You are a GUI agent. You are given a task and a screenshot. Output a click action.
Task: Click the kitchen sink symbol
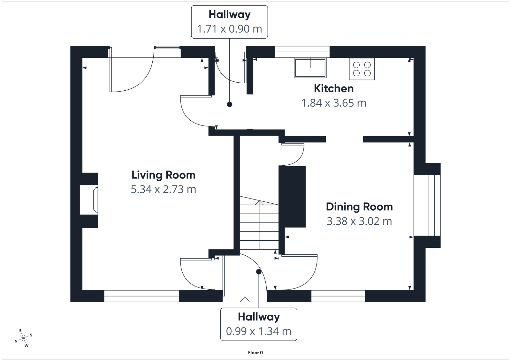[310, 68]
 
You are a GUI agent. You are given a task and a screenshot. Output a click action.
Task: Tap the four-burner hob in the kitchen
[362, 69]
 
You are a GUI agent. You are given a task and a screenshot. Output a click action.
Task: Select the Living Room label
[163, 175]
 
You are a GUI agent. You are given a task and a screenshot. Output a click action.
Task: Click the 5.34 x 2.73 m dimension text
[163, 189]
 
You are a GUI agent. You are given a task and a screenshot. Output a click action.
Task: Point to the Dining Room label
[359, 207]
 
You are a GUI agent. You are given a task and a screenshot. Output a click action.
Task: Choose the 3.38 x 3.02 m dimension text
[359, 221]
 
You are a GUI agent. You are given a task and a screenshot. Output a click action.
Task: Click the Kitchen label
[333, 88]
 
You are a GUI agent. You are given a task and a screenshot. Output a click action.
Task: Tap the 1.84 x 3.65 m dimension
[333, 103]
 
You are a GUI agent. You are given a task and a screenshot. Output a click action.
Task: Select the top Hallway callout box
[229, 22]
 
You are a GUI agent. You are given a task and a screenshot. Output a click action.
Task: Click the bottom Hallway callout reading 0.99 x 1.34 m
[259, 324]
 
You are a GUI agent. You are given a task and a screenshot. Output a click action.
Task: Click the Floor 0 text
[255, 353]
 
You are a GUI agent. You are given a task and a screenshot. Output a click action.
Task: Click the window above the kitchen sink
[302, 52]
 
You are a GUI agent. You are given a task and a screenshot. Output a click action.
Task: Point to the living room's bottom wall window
[141, 296]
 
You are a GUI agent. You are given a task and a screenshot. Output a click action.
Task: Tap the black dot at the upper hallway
[229, 104]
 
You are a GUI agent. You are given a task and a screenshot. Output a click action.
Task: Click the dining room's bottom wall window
[338, 296]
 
